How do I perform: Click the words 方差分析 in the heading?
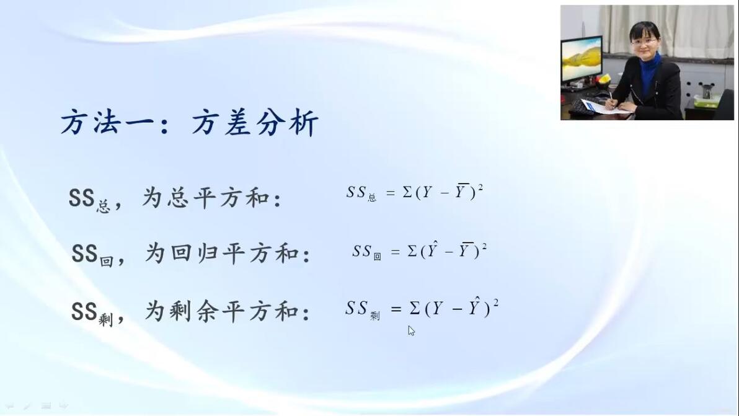[x=255, y=123]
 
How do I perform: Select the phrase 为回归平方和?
[x=221, y=254]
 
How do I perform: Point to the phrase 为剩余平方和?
[x=221, y=311]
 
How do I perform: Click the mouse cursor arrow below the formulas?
[x=412, y=330]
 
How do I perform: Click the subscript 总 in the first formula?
[x=372, y=197]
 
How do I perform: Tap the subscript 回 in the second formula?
[x=377, y=256]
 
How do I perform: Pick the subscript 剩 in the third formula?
[x=374, y=316]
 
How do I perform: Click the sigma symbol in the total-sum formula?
[x=407, y=192]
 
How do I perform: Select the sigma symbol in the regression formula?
[x=412, y=251]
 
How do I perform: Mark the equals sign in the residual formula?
[x=396, y=309]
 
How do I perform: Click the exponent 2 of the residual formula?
[x=496, y=302]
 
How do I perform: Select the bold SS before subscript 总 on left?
[x=82, y=198]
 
